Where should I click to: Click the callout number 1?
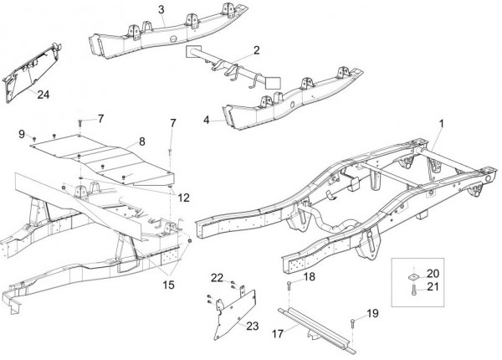[440, 124]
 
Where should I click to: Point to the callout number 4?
[207, 121]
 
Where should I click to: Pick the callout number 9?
[22, 133]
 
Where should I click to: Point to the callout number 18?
[309, 276]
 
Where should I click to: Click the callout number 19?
[372, 313]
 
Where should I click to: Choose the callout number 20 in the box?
[432, 273]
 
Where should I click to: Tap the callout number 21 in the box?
[432, 287]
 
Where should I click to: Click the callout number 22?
[217, 278]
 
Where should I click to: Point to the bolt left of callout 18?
[289, 288]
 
